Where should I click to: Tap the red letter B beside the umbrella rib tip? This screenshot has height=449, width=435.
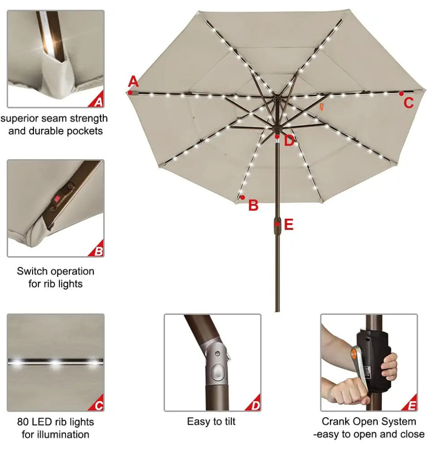point(254,205)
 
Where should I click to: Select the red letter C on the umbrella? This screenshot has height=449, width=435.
point(409,103)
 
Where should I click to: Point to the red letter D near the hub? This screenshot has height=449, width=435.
point(289,141)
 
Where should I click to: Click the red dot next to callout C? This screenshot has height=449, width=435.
point(401,93)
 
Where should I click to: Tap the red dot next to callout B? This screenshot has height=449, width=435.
point(243,197)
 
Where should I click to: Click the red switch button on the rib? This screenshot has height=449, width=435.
point(57,198)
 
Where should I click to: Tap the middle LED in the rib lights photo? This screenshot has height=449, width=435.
point(55,362)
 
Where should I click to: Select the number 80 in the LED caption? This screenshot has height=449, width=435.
point(23,422)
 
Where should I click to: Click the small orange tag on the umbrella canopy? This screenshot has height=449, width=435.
point(321,107)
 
